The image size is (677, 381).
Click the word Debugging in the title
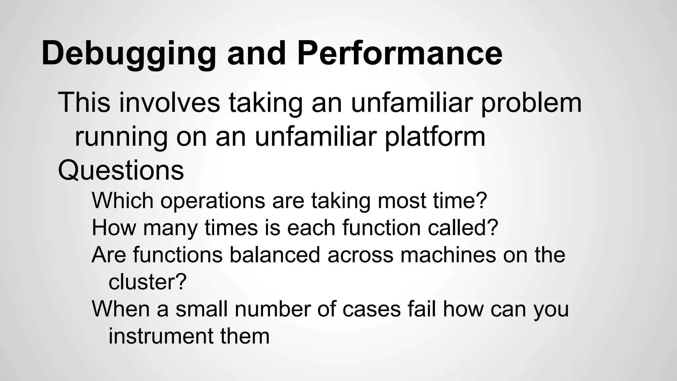(x=129, y=54)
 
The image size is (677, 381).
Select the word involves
(x=170, y=103)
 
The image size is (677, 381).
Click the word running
(x=121, y=137)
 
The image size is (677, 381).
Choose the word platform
(x=435, y=137)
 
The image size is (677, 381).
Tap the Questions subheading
(x=121, y=171)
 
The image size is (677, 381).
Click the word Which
(x=122, y=200)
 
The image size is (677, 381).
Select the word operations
(x=213, y=201)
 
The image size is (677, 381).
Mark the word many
(x=170, y=228)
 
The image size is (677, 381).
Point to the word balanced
(x=275, y=255)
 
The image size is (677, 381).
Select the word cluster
(x=147, y=282)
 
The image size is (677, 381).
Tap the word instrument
(x=161, y=336)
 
